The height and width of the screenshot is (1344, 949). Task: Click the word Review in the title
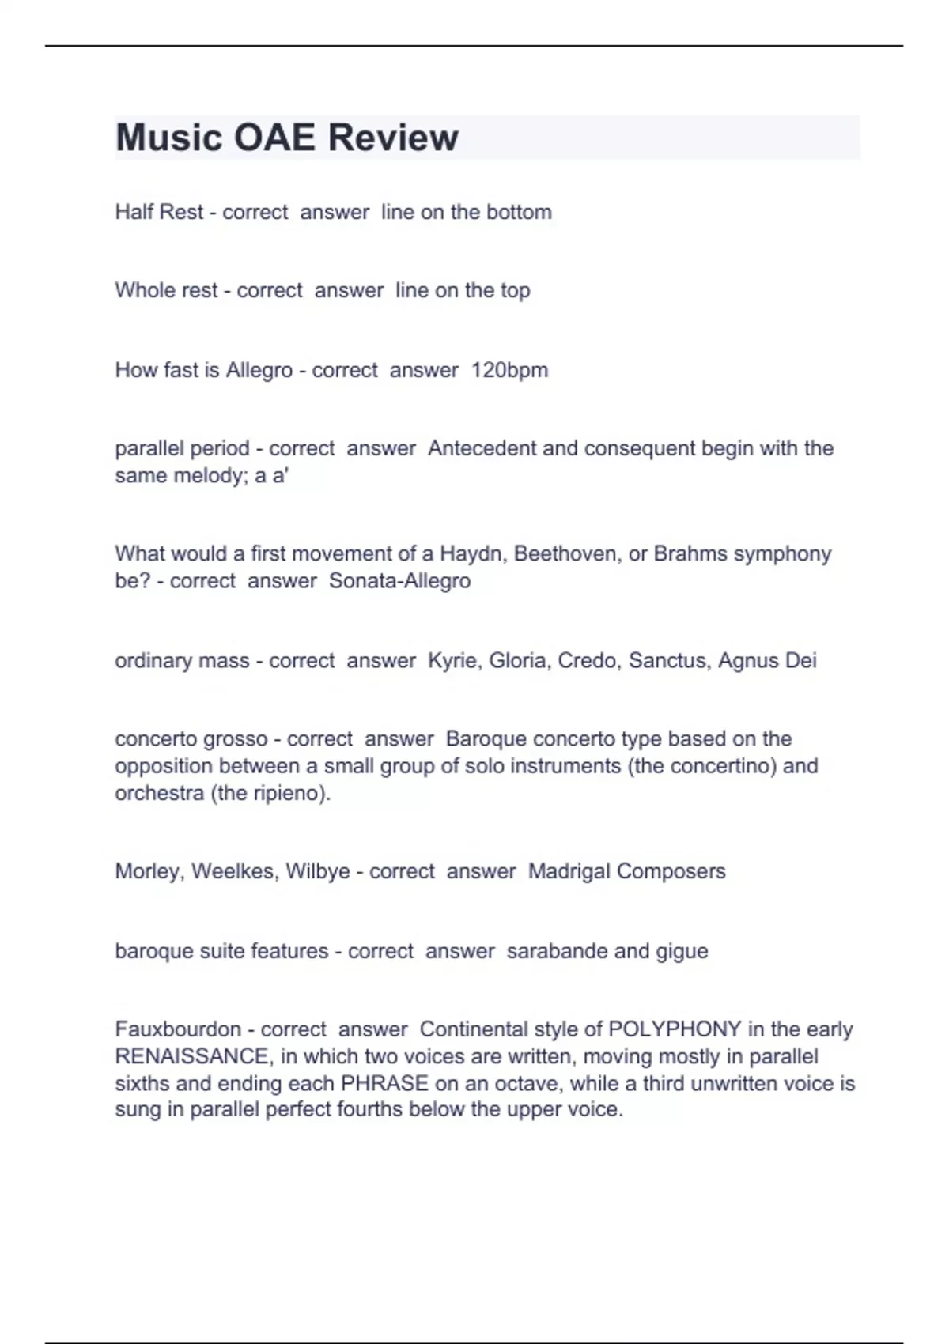coord(392,138)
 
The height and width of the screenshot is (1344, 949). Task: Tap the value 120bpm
coord(509,370)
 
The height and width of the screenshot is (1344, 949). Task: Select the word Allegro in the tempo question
coord(259,370)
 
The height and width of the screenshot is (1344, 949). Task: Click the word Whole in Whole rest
coord(140,290)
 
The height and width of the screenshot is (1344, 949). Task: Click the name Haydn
coord(474,553)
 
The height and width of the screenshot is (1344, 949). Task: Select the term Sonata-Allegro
coord(399,580)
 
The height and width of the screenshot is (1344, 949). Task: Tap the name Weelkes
coord(235,871)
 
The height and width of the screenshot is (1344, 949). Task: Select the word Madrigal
coord(569,871)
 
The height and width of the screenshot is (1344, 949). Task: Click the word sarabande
coord(557,950)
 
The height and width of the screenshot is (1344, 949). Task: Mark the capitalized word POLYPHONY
coord(675,1029)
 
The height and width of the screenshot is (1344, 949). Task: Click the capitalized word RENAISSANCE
coord(191,1056)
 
